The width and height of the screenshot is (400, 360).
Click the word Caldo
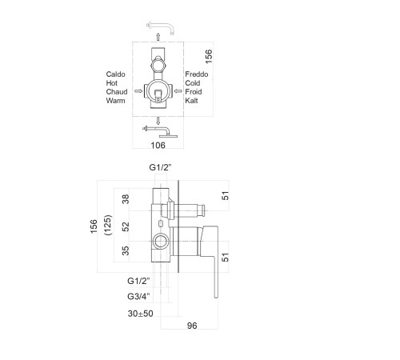[x=115, y=74]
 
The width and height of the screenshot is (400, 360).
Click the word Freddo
[x=197, y=74]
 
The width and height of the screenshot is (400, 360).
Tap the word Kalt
[x=191, y=101]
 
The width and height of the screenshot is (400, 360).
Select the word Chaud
[x=117, y=92]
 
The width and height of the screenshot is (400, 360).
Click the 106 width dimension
[x=158, y=146]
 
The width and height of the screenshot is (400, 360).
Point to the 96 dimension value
[x=192, y=326]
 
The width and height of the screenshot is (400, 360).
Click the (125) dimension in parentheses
[x=108, y=225]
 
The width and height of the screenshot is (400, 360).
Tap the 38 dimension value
[x=126, y=199]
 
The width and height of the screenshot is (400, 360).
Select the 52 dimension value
[x=126, y=226]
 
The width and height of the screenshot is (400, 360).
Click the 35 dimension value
[x=126, y=250]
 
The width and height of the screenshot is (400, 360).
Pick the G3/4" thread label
[x=138, y=296]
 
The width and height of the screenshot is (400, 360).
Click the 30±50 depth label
[x=140, y=314]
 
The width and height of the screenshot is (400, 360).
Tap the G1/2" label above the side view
[x=160, y=167]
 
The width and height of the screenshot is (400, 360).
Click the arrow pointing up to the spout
[x=158, y=37]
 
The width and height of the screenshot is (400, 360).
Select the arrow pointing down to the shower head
[x=158, y=121]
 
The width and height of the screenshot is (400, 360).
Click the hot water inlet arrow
[x=138, y=91]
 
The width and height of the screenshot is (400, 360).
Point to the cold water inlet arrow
[x=178, y=91]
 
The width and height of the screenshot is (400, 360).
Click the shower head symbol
[x=160, y=132]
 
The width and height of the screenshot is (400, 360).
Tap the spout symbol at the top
[x=161, y=28]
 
